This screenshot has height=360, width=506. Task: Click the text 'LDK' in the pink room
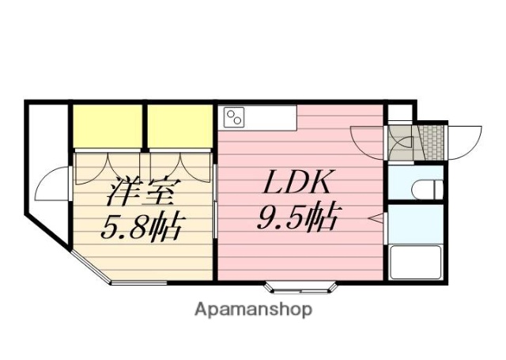coord(296,185)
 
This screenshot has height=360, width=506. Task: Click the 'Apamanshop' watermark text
coord(253,309)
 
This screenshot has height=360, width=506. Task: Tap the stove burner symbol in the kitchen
coord(235,118)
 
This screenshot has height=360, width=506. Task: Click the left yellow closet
coord(108,125)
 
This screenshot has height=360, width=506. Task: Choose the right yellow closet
coord(180,125)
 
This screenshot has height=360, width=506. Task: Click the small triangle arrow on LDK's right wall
coord(379,217)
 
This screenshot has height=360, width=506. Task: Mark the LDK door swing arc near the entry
coord(368,141)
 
